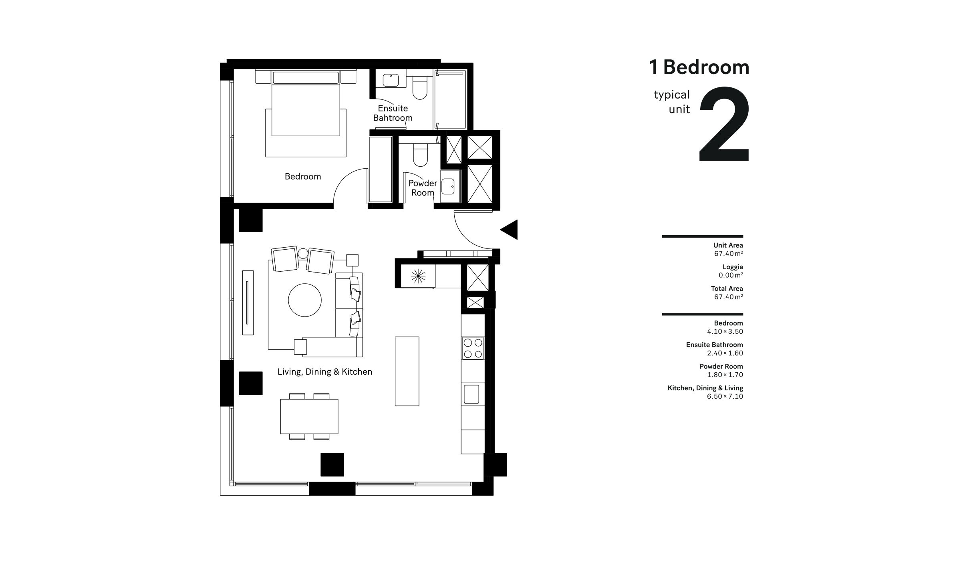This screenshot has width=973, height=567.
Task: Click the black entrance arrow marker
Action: (510, 230)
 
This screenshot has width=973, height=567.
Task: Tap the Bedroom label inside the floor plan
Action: (302, 176)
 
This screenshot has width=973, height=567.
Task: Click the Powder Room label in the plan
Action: (423, 188)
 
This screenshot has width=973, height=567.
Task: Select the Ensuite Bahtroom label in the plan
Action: (393, 113)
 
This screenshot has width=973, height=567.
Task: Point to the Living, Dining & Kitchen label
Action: (324, 372)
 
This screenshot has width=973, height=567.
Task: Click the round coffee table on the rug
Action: (304, 300)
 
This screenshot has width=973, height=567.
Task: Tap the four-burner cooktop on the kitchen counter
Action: (473, 348)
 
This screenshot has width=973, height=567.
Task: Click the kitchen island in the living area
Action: (407, 371)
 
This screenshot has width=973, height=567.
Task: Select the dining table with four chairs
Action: (309, 416)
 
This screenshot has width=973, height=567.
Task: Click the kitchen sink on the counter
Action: (471, 394)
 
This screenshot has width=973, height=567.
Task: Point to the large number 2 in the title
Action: (724, 125)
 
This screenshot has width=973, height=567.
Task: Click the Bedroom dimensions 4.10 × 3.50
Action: (725, 331)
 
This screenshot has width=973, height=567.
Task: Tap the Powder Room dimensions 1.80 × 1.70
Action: (725, 375)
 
